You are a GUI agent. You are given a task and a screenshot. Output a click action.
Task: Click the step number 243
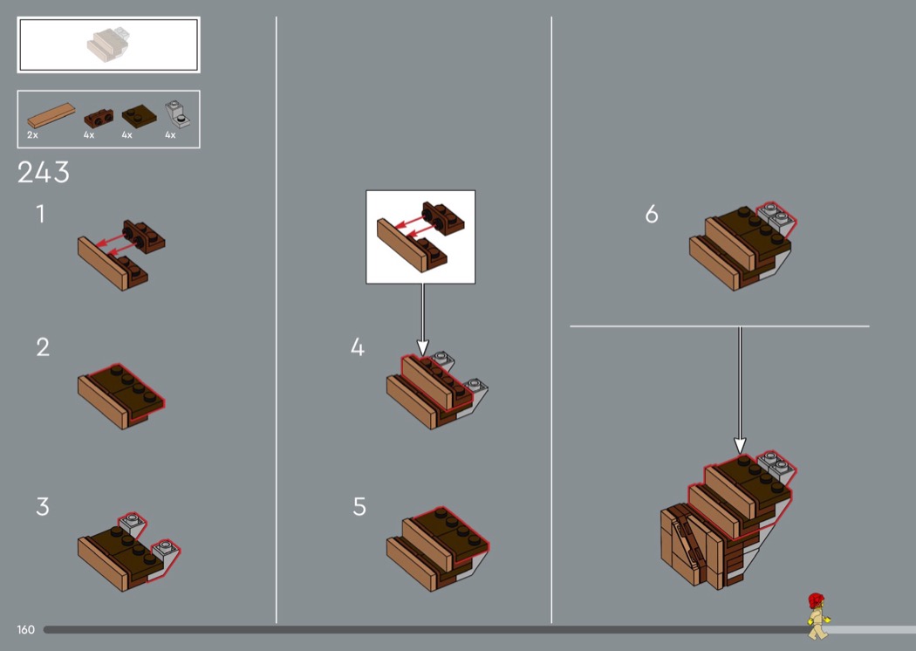[x=44, y=173]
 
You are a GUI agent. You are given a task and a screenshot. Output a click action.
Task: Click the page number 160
[x=25, y=629]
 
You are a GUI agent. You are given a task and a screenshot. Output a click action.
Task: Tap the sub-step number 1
[x=40, y=214]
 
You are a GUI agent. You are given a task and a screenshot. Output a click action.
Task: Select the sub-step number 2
[x=43, y=347]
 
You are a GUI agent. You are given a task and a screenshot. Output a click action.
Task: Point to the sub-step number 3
[x=43, y=507]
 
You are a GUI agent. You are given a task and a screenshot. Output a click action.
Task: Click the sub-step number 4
[x=358, y=347]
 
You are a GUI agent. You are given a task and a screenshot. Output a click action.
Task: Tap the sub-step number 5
[x=359, y=507]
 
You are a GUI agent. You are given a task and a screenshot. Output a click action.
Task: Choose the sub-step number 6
[x=652, y=215]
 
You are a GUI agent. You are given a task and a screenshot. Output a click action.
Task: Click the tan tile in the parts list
[x=51, y=115]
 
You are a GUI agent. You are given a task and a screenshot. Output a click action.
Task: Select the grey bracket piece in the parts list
[x=177, y=113]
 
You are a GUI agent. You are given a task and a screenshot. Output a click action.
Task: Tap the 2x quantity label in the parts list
[x=32, y=135]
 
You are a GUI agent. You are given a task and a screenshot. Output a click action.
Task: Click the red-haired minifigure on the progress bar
[x=818, y=616]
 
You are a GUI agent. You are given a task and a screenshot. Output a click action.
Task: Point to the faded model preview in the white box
[x=107, y=44]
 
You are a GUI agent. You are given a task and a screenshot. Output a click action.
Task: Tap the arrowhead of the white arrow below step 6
[x=740, y=447]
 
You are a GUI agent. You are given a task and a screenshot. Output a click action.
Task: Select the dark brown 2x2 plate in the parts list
[x=139, y=116]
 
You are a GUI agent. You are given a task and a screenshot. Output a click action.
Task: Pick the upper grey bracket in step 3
[x=133, y=524]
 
